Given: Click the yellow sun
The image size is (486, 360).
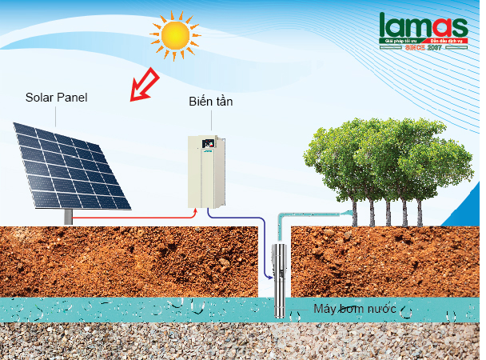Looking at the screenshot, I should [172, 34].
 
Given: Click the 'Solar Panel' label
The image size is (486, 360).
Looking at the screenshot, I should [55, 98].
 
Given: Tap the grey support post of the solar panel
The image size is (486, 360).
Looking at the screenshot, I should [68, 216].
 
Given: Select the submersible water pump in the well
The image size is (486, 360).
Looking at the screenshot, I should [281, 280].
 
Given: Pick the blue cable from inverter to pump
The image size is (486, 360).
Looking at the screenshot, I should [240, 218].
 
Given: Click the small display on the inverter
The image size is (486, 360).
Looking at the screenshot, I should [210, 145].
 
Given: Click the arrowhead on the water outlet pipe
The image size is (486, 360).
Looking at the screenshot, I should [349, 212].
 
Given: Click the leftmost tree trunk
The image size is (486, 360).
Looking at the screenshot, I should [354, 212].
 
